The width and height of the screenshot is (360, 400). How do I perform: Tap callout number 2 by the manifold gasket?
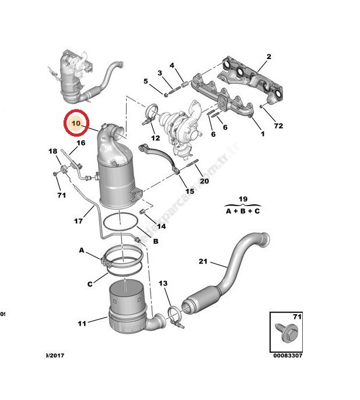268,57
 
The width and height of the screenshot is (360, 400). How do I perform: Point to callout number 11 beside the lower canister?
82,322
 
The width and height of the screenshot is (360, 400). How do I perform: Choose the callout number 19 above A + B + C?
243,199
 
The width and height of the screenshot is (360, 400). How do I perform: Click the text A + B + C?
243,210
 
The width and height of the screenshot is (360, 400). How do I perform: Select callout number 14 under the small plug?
161,226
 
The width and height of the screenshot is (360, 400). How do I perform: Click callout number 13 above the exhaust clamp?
163,283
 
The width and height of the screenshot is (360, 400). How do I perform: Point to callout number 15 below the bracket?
190,192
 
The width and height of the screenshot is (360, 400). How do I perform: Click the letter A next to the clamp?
82,250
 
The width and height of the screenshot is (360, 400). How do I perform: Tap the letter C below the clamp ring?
90,284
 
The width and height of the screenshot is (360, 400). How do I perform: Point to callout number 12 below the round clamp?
155,138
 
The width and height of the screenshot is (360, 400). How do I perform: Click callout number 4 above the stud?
173,65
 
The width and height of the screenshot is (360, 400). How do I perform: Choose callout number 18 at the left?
53,151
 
